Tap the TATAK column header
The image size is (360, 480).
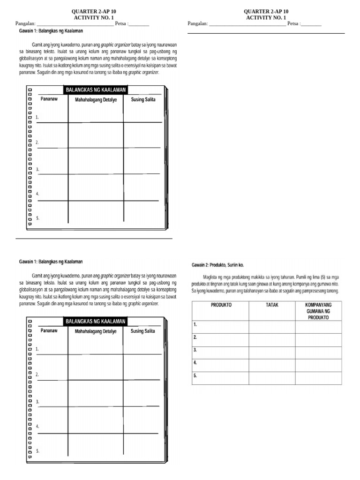point(272,305)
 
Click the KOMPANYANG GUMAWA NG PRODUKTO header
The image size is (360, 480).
point(318,311)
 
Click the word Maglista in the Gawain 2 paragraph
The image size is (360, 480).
point(211,277)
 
